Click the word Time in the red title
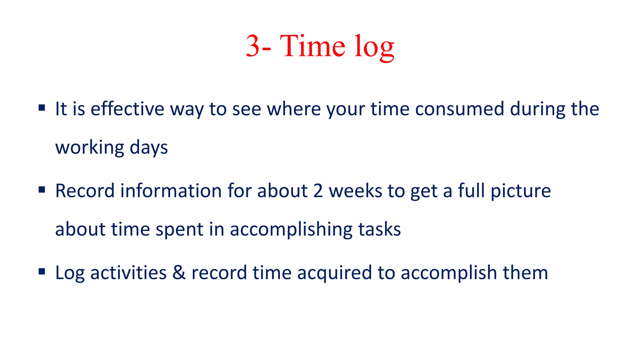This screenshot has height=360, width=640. pos(312,46)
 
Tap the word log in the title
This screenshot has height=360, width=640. pos(374,47)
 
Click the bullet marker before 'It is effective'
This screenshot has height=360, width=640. pos(42,108)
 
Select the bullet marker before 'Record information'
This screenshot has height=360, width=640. pos(42,190)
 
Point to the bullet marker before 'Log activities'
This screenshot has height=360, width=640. pos(42,272)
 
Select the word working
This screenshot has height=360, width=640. pos(90,147)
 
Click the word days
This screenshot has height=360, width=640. pos(148,147)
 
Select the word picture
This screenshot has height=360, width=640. pos(520,191)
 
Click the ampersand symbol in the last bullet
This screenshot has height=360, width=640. pos(179,272)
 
